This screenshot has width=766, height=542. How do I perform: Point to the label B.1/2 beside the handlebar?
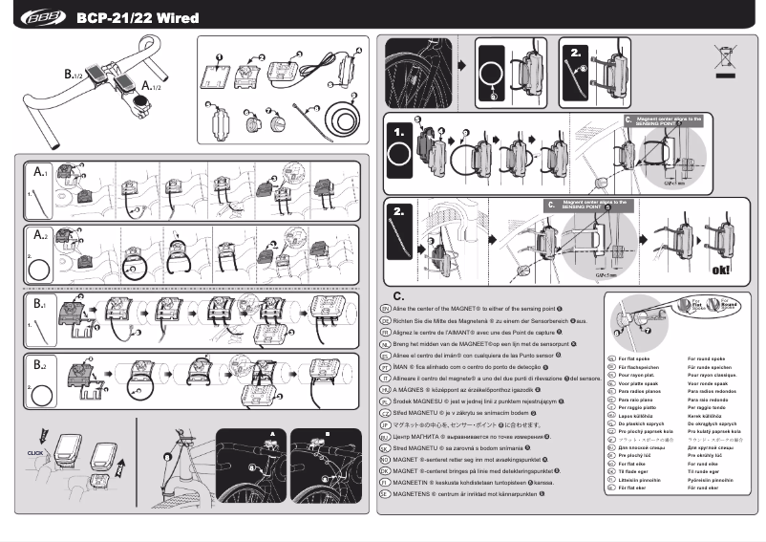pos(74,73)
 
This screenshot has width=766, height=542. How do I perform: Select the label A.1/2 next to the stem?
pos(151,86)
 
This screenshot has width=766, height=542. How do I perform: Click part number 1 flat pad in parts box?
pos(219,73)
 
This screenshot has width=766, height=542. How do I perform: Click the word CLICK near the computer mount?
pos(35,452)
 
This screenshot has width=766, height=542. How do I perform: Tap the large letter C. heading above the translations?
pos(399,296)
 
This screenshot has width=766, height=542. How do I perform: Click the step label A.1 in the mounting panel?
pos(41,173)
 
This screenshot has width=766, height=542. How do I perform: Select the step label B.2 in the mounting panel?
pos(41,365)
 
